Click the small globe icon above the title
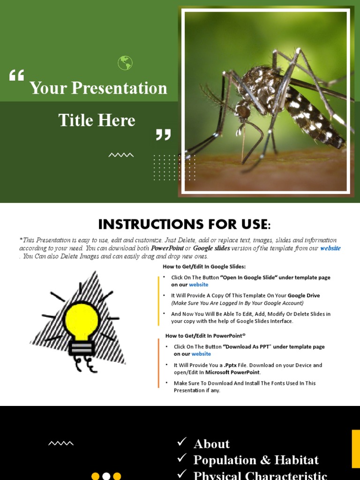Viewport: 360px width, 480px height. (x=125, y=63)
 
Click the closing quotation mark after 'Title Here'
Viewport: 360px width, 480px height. (x=163, y=135)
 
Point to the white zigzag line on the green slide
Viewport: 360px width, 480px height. (x=121, y=155)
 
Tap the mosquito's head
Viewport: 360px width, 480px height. (x=243, y=112)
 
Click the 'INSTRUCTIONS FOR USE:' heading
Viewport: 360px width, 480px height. (x=184, y=224)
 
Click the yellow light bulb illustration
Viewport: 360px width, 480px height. (x=82, y=321)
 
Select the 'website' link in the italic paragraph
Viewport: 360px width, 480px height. (x=330, y=248)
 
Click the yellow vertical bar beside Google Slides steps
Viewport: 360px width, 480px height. (x=158, y=300)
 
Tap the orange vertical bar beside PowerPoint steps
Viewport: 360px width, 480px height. (x=158, y=363)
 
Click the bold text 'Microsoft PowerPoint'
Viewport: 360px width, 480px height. (x=232, y=372)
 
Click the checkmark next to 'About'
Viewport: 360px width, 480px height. (x=182, y=442)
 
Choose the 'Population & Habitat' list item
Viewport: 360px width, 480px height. (x=256, y=460)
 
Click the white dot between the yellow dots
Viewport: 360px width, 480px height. (x=106, y=476)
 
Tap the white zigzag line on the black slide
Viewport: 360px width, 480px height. (x=61, y=443)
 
